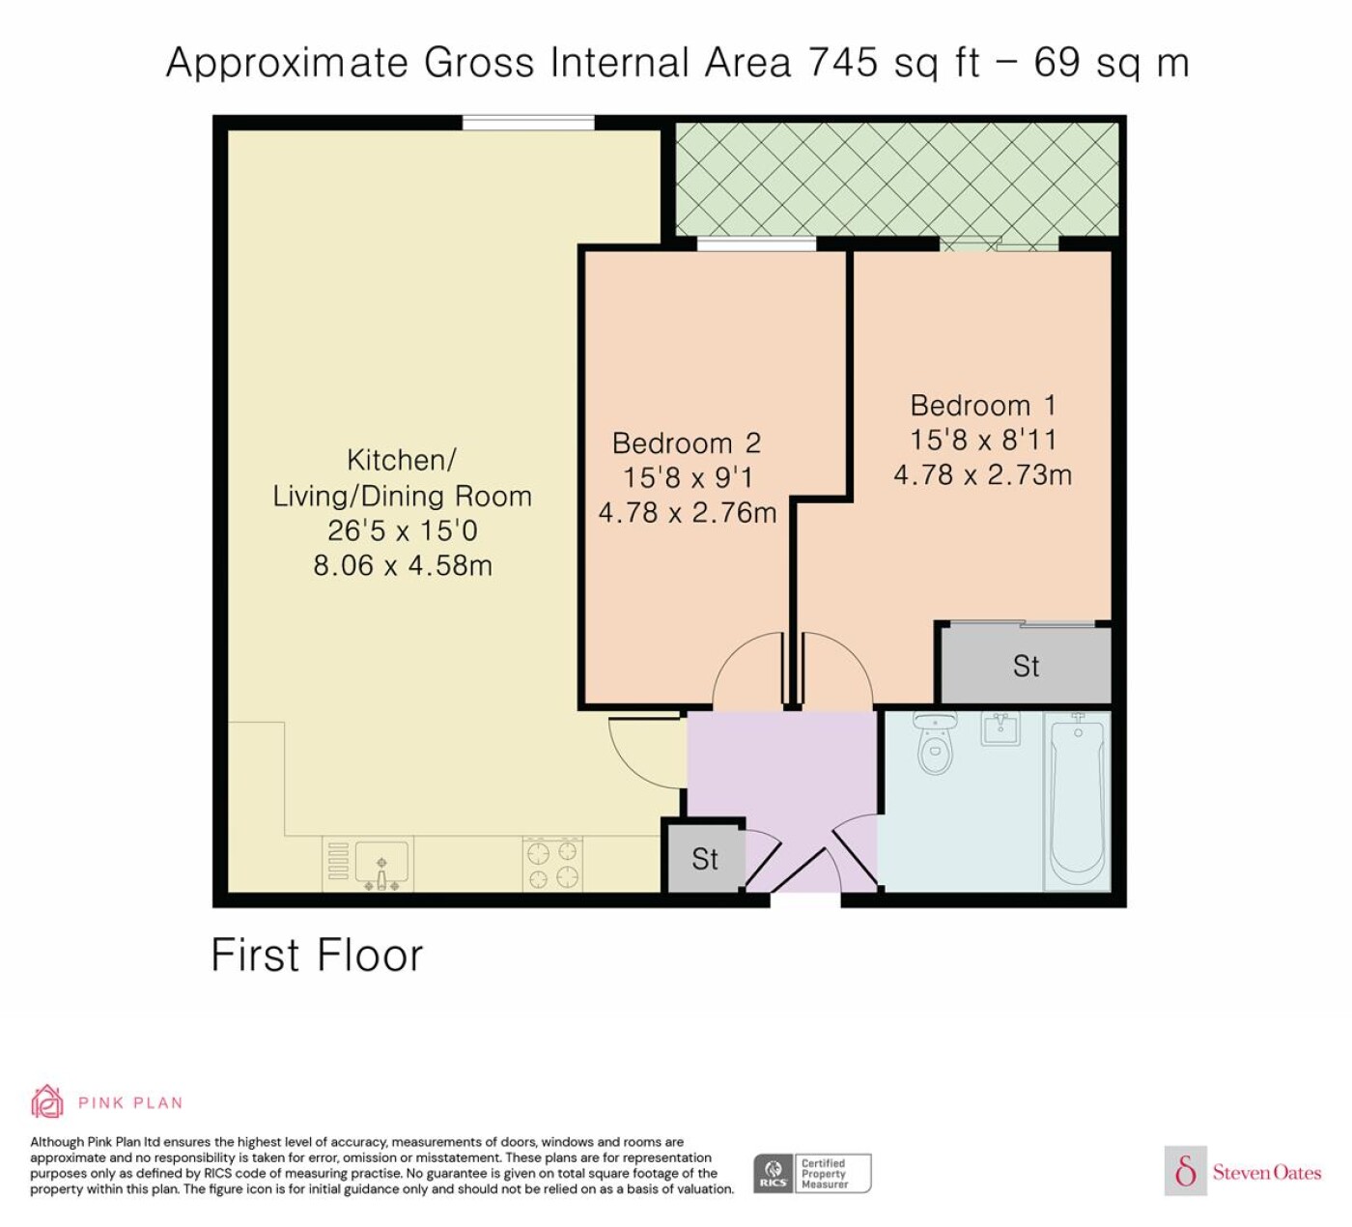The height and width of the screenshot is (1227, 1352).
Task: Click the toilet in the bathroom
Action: pyautogui.click(x=935, y=743)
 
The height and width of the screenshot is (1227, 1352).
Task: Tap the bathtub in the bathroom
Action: pyautogui.click(x=1077, y=801)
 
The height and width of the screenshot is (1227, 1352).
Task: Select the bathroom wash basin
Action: pyautogui.click(x=1000, y=728)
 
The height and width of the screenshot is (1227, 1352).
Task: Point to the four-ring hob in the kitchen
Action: pyautogui.click(x=552, y=864)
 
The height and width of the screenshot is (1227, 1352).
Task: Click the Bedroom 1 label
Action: pyautogui.click(x=983, y=406)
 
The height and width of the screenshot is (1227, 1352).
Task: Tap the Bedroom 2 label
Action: pyautogui.click(x=686, y=443)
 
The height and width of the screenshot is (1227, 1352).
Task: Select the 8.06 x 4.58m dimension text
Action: pyautogui.click(x=403, y=565)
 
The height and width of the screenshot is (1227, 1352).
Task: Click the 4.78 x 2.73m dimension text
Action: pyautogui.click(x=983, y=475)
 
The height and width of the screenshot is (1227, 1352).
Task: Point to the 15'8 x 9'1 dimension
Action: pyautogui.click(x=688, y=477)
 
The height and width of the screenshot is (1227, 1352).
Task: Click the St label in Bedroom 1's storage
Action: pyautogui.click(x=1026, y=666)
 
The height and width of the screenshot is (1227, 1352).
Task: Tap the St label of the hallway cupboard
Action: pyautogui.click(x=704, y=859)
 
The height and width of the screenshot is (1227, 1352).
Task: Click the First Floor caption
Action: pyautogui.click(x=317, y=956)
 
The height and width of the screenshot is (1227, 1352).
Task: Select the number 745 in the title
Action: pyautogui.click(x=842, y=63)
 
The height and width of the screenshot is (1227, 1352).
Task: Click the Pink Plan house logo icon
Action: pyautogui.click(x=47, y=1101)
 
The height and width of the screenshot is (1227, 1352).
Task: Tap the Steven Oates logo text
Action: pyautogui.click(x=1267, y=1172)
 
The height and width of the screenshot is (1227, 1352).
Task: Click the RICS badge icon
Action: pyautogui.click(x=773, y=1173)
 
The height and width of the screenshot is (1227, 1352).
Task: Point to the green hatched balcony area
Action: pyautogui.click(x=897, y=180)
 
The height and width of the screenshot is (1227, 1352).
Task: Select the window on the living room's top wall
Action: pyautogui.click(x=528, y=123)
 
